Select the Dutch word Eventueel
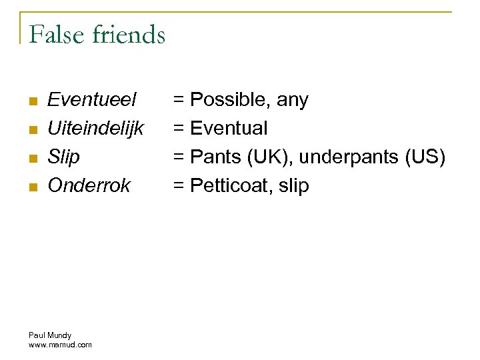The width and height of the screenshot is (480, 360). click(92, 100)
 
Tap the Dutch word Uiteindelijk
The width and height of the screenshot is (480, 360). click(96, 128)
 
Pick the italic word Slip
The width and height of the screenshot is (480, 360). click(63, 157)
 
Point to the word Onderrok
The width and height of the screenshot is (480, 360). click(89, 185)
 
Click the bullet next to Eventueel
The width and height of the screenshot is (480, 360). click(31, 101)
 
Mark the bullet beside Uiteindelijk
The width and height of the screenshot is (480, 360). click(31, 129)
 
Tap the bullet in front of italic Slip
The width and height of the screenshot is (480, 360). click(31, 158)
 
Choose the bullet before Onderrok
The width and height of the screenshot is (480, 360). click(31, 187)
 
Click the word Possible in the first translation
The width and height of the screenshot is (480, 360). click(230, 100)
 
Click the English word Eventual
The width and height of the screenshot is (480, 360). click(229, 128)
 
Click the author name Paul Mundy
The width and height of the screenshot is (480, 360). click(50, 335)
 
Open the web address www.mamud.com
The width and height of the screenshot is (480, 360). click(60, 345)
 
